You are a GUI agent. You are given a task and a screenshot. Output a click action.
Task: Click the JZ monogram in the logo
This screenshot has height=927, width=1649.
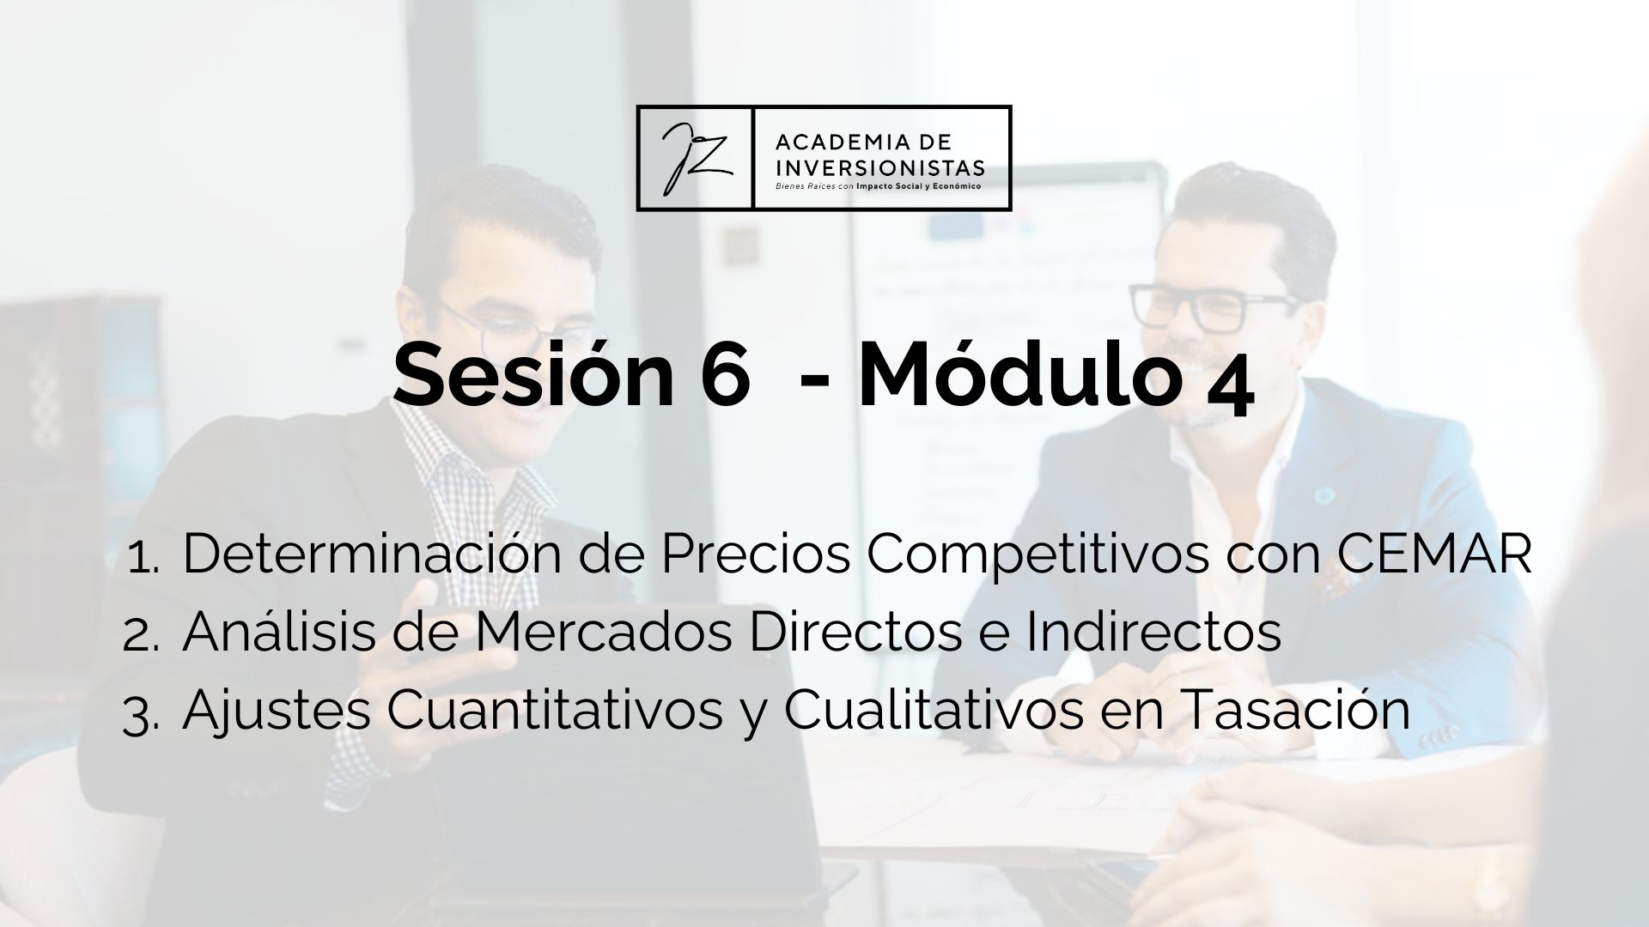coord(696,158)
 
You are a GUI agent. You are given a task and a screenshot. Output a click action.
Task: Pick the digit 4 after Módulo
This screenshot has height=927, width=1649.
coord(1230,391)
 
